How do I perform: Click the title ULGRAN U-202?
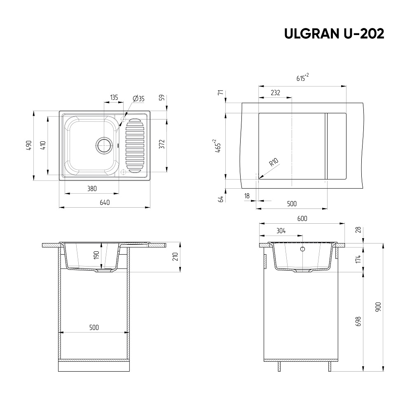click(334, 33)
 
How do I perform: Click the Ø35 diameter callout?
click(139, 98)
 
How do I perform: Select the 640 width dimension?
click(105, 202)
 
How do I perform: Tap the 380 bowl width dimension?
click(92, 188)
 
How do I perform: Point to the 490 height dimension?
click(29, 145)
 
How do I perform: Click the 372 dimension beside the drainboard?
click(162, 144)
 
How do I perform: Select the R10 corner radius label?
click(274, 162)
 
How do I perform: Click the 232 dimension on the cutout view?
click(275, 92)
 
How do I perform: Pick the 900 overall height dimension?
click(378, 307)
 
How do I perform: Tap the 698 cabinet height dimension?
click(358, 321)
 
